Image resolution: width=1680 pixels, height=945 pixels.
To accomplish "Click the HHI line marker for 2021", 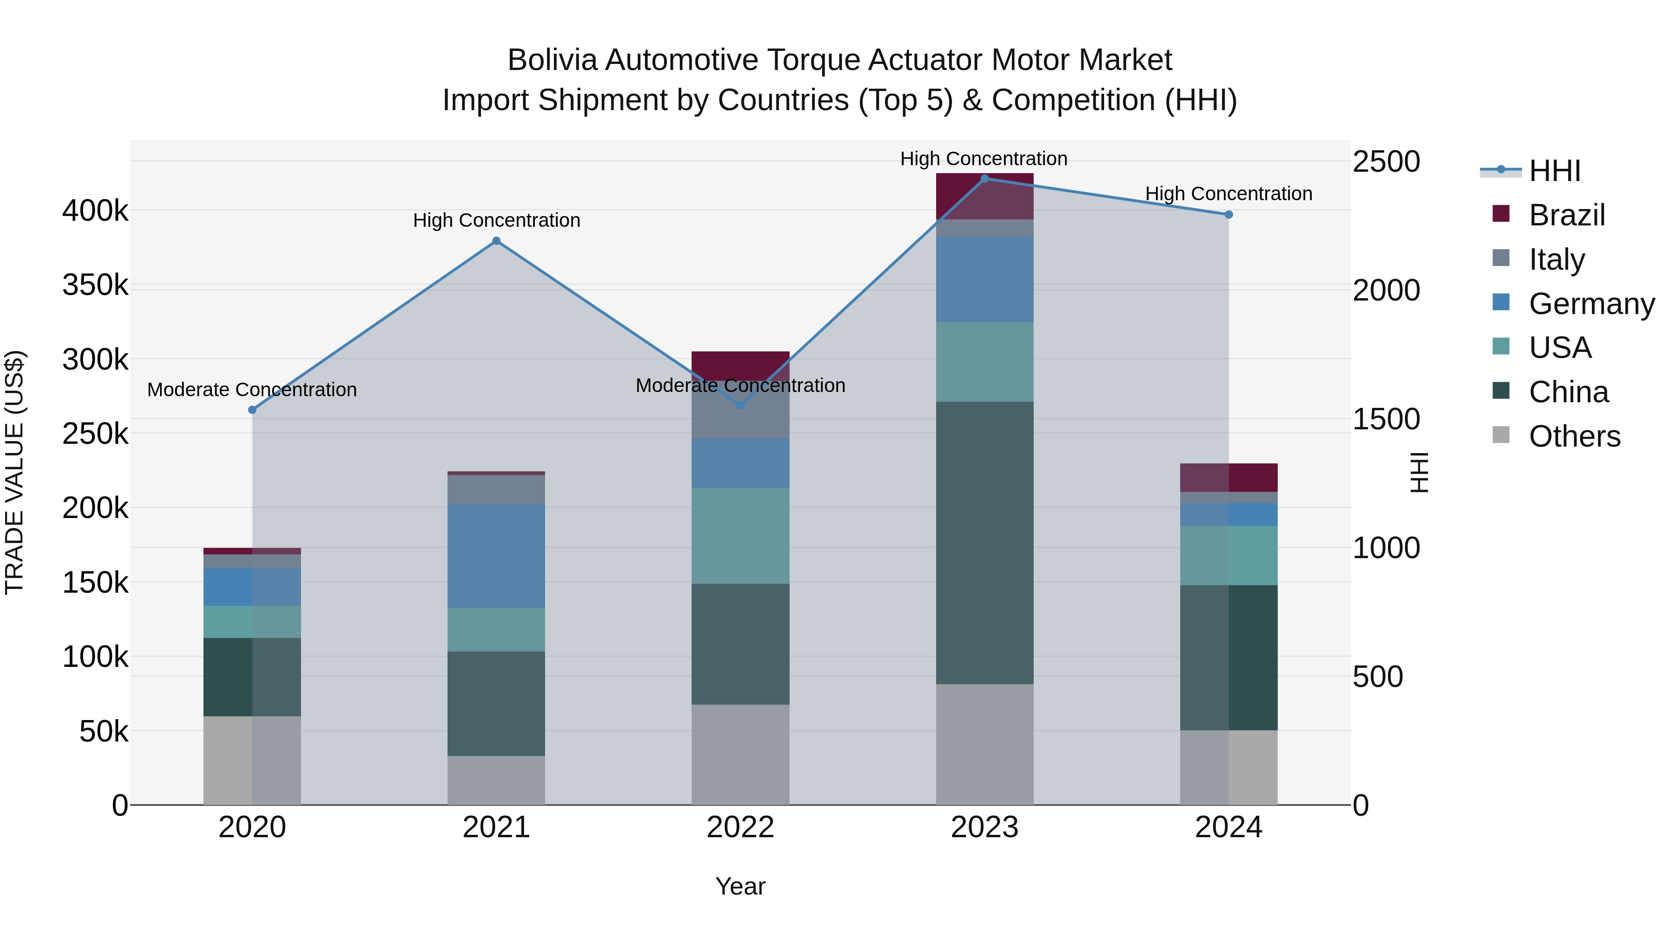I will point(497,241).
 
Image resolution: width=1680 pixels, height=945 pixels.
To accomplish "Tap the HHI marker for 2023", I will point(985,178).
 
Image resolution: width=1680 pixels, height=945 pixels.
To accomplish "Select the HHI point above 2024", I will point(1229,215).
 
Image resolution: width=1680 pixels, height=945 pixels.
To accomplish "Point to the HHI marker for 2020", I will point(252,410).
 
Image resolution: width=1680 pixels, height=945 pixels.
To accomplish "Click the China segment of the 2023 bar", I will point(985,543).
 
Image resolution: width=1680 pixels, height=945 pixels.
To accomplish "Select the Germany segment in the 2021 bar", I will point(497,556).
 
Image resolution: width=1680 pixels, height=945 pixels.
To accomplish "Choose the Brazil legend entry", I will point(1567,215).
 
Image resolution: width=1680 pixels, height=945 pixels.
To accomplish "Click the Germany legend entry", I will point(1591,304).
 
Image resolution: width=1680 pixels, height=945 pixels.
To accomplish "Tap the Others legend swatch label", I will point(1575,436).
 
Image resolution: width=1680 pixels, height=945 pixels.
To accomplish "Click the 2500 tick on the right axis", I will point(1386,162).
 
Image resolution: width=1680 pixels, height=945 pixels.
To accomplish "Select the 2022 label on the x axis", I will point(740,827).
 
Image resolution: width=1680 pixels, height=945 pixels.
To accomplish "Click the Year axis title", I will point(740,886).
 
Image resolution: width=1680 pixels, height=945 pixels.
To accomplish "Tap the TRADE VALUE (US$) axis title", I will point(14,472).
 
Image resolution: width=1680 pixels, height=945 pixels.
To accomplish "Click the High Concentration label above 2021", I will point(497,220).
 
